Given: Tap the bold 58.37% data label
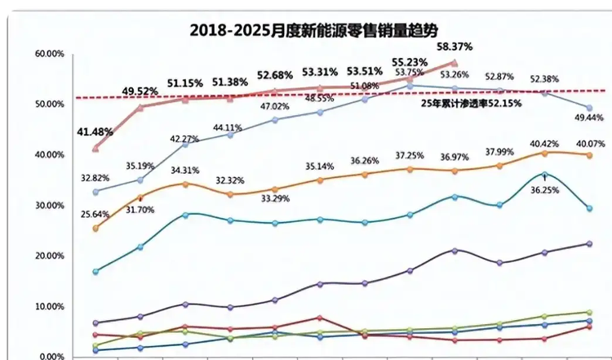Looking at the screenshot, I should tap(455, 47).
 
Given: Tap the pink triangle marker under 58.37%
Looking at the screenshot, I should tap(455, 63).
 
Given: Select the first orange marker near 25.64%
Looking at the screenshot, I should tap(96, 229).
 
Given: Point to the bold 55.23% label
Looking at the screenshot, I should tap(409, 60).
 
